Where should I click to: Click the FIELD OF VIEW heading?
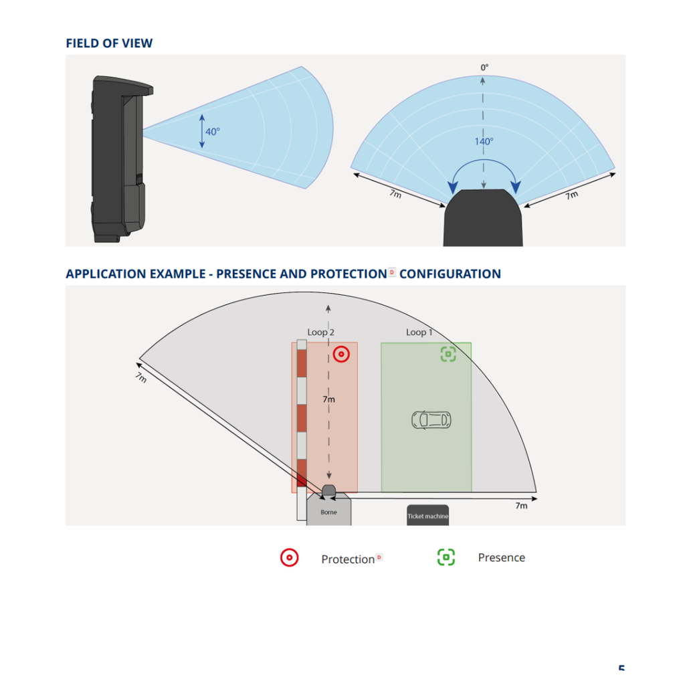pyautogui.click(x=109, y=43)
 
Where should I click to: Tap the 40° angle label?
pyautogui.click(x=213, y=132)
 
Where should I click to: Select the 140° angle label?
pyautogui.click(x=484, y=142)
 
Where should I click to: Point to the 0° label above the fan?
pyautogui.click(x=484, y=68)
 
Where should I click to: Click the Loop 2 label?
pyautogui.click(x=320, y=332)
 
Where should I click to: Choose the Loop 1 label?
pyautogui.click(x=419, y=332)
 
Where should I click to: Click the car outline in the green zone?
pyautogui.click(x=431, y=420)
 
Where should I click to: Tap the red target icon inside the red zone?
pyautogui.click(x=341, y=354)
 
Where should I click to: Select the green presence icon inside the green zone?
pyautogui.click(x=448, y=354)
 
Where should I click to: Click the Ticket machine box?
pyautogui.click(x=427, y=515)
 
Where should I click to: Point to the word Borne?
pyautogui.click(x=328, y=512)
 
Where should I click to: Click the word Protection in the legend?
pyautogui.click(x=348, y=560)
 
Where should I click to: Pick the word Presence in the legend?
pyautogui.click(x=502, y=557)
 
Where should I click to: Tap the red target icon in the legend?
pyautogui.click(x=289, y=558)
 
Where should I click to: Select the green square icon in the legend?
pyautogui.click(x=446, y=557)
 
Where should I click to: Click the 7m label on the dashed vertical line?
pyautogui.click(x=328, y=399)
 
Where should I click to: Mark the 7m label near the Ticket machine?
pyautogui.click(x=521, y=506)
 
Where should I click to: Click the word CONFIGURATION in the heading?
pyautogui.click(x=450, y=274)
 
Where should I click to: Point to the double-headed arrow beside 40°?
pyautogui.click(x=202, y=131)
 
